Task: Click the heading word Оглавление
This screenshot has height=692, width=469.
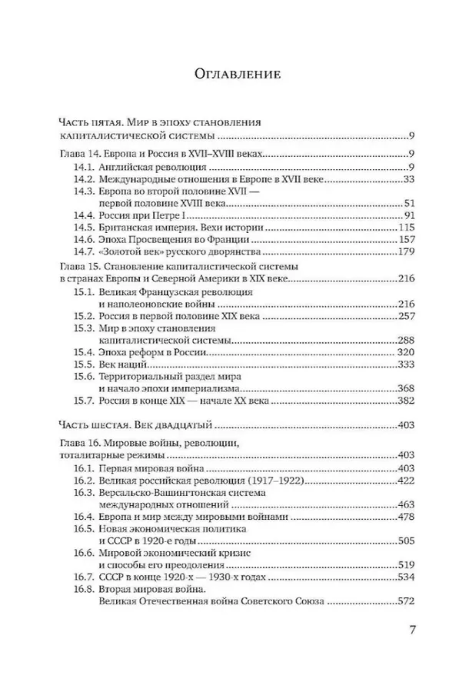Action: [x=234, y=74]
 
